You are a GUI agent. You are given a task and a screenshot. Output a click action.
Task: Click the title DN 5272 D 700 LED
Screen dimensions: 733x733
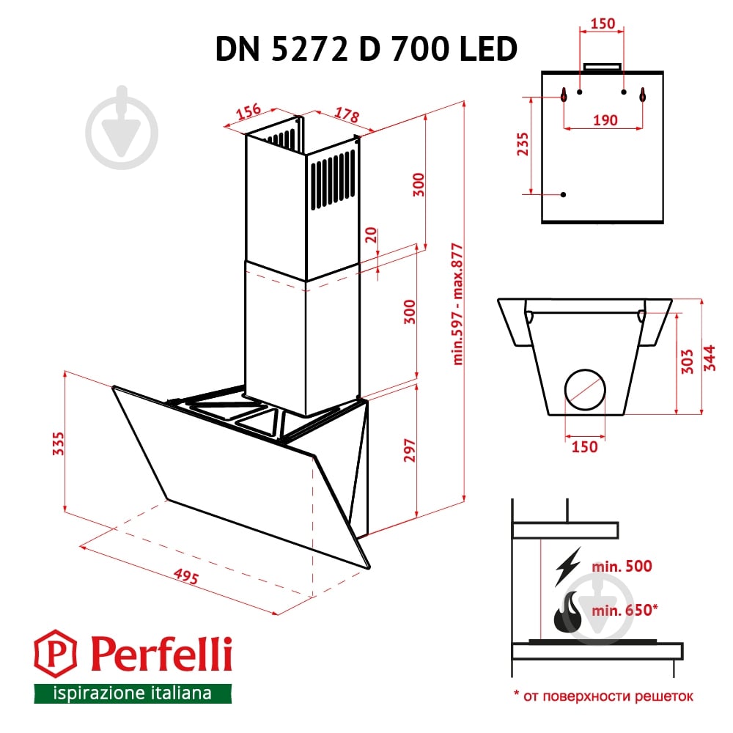(x=366, y=49)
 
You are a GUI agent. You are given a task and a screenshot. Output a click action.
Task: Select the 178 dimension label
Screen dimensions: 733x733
(x=346, y=116)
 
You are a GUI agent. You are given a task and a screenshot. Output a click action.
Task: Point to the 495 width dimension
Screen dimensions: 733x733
(x=188, y=577)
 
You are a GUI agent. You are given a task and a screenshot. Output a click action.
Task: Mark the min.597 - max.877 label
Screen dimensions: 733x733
(x=459, y=303)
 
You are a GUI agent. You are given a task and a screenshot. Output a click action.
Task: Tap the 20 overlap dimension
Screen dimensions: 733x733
(x=371, y=235)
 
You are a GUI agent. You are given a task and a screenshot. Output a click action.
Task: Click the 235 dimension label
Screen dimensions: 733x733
(x=522, y=145)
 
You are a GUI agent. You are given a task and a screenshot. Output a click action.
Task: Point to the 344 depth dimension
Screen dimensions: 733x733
(x=710, y=358)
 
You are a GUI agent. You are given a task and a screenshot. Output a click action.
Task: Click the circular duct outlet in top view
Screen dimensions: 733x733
(x=585, y=387)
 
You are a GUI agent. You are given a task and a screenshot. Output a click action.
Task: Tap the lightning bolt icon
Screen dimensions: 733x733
(x=567, y=565)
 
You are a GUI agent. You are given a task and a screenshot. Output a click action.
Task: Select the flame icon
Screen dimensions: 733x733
(x=566, y=614)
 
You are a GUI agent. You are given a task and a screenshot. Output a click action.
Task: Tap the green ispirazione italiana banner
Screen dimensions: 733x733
(x=133, y=693)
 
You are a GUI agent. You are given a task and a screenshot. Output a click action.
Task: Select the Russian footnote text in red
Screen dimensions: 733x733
(x=603, y=696)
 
